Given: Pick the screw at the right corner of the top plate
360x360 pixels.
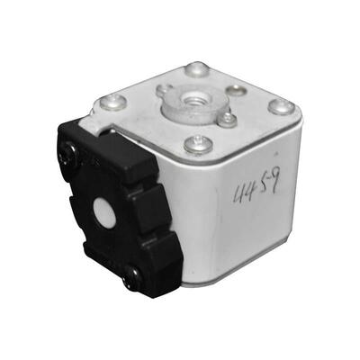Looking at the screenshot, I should click(282, 106).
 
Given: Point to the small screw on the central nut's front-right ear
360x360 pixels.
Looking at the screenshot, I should click(229, 118).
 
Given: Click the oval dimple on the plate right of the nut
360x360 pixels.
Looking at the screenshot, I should click(236, 90).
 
